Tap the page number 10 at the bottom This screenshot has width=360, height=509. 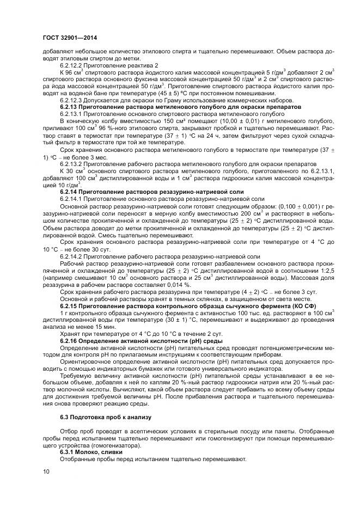pyautogui.click(x=46, y=471)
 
